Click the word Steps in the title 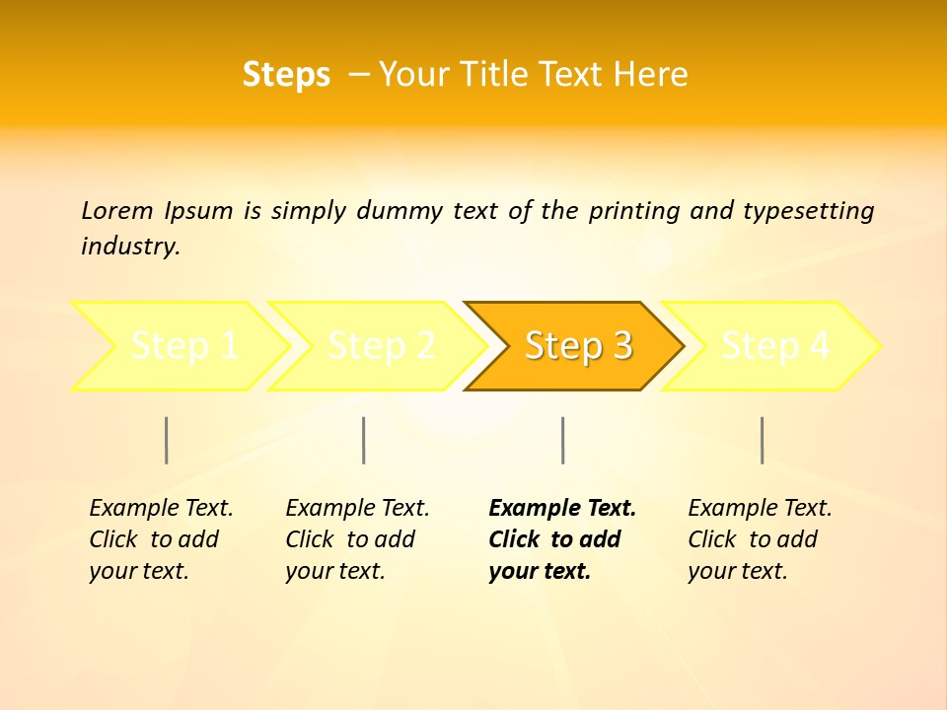286,75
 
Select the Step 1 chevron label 184,346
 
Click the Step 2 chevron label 382,346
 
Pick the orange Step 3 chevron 578,346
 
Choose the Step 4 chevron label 775,346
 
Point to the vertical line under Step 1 167,440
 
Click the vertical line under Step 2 364,440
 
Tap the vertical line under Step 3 562,440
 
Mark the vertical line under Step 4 762,440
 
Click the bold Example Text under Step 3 562,508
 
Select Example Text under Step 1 161,508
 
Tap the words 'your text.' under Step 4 737,571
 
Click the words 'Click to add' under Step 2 350,539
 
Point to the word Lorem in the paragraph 117,210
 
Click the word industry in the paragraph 128,246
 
